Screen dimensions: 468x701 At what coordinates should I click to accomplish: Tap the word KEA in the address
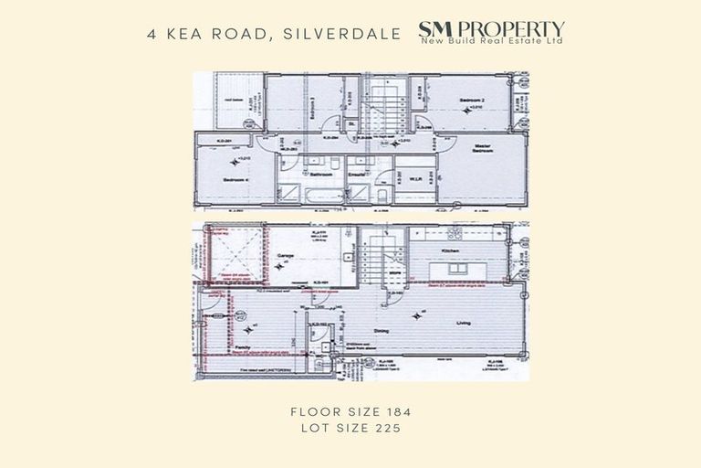click(x=193, y=35)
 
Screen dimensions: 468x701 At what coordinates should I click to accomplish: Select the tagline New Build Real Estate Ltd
click(x=492, y=41)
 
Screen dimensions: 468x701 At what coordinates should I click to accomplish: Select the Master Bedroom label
click(x=483, y=149)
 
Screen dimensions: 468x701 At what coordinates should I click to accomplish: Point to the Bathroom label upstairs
click(x=319, y=174)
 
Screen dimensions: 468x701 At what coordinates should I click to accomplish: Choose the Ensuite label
click(x=357, y=174)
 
